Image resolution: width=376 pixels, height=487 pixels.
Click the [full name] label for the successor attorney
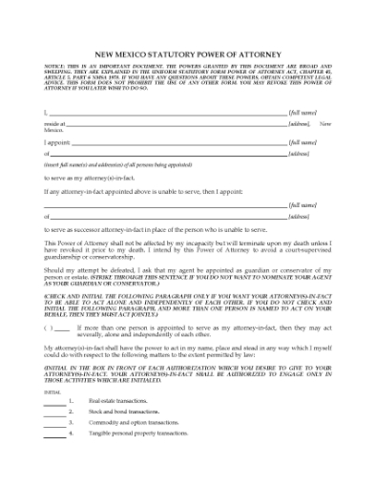click(x=303, y=204)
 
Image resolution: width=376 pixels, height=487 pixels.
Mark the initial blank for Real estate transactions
click(x=54, y=402)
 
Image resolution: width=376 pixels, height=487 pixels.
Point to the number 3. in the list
click(x=72, y=422)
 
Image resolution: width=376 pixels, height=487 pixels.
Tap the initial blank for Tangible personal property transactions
click(x=54, y=434)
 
